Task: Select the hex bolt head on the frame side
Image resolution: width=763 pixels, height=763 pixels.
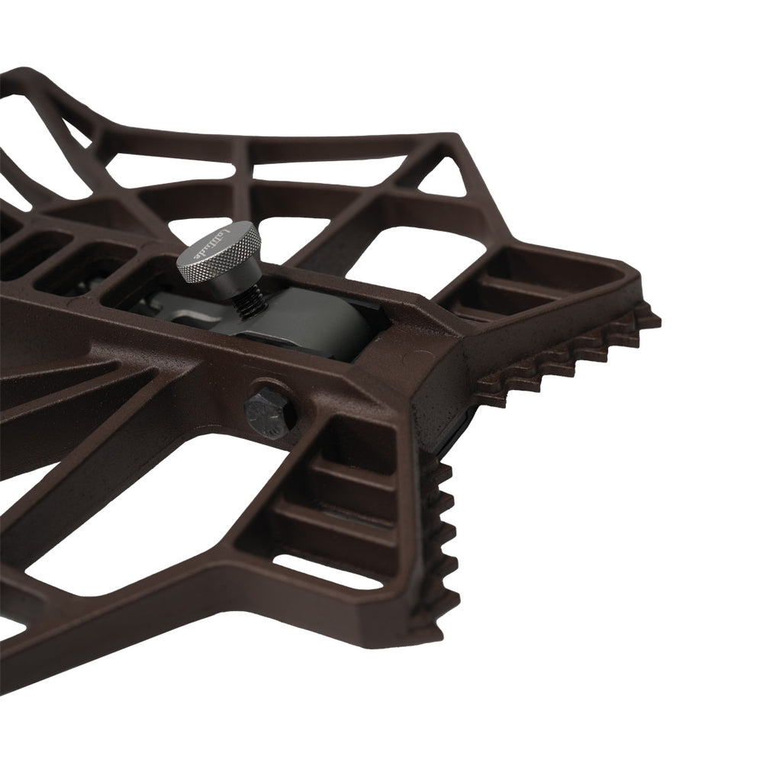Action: pyautogui.click(x=269, y=412)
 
